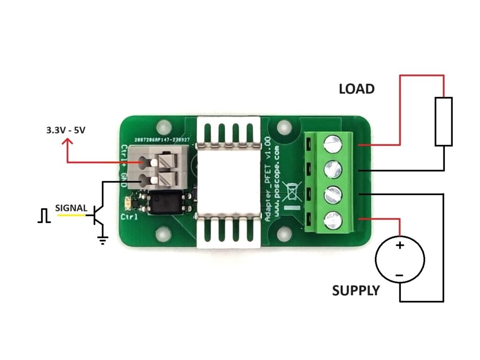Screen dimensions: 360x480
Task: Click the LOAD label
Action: (x=357, y=89)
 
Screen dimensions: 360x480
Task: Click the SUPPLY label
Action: (x=356, y=291)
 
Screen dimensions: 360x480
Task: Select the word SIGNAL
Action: (x=71, y=208)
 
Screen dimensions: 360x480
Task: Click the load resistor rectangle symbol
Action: (x=443, y=121)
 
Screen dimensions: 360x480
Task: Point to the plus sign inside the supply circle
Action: (x=400, y=245)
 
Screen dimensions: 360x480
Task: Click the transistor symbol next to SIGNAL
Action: (x=97, y=215)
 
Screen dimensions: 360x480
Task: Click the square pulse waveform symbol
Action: (x=44, y=216)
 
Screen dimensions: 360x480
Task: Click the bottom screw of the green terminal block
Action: (x=332, y=220)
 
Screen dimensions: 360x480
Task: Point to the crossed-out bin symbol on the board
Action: (x=292, y=191)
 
